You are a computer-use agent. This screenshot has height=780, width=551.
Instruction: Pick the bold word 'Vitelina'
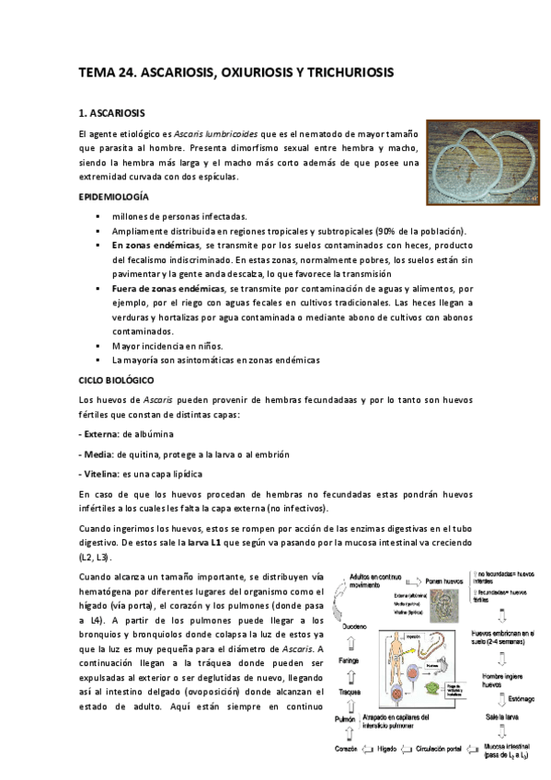[100, 474]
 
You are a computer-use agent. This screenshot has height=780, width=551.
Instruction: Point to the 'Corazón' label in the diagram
[347, 749]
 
